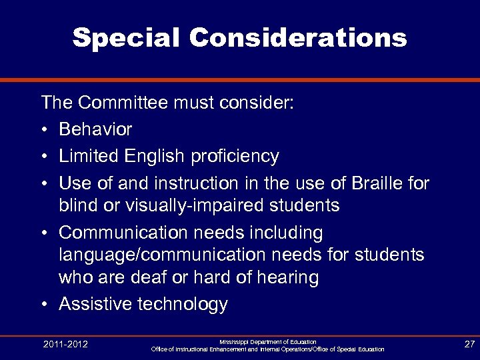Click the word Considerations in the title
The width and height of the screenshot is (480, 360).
click(x=297, y=38)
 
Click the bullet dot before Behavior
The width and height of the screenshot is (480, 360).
click(x=45, y=129)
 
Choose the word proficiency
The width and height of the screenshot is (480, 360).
click(x=234, y=156)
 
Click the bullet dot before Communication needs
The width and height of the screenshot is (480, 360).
click(x=45, y=233)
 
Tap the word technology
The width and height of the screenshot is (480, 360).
click(x=181, y=304)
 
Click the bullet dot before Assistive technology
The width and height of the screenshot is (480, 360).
click(x=45, y=305)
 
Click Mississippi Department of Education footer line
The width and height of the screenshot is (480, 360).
click(x=267, y=341)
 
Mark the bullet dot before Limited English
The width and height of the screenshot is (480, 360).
click(x=45, y=157)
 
